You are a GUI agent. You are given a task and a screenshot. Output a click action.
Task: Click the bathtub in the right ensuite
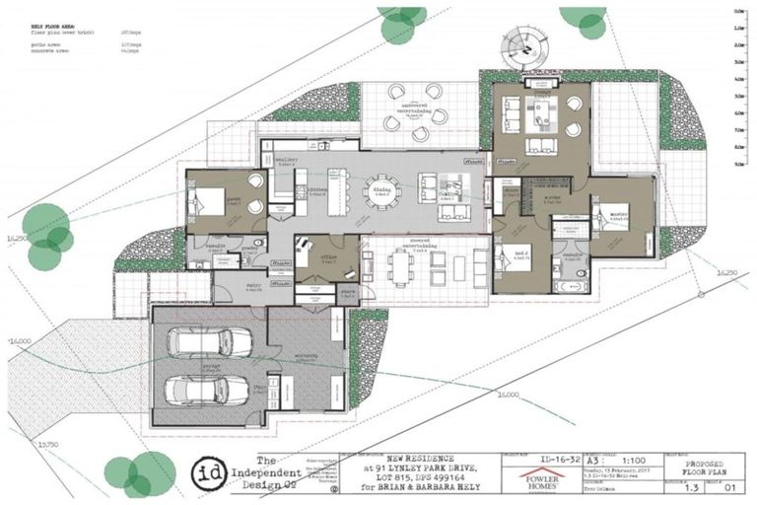pyautogui.click(x=571, y=286)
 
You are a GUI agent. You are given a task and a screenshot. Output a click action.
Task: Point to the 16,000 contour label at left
pyautogui.click(x=20, y=341)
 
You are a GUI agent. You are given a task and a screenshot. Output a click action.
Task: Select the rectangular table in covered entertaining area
pyautogui.click(x=402, y=266)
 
